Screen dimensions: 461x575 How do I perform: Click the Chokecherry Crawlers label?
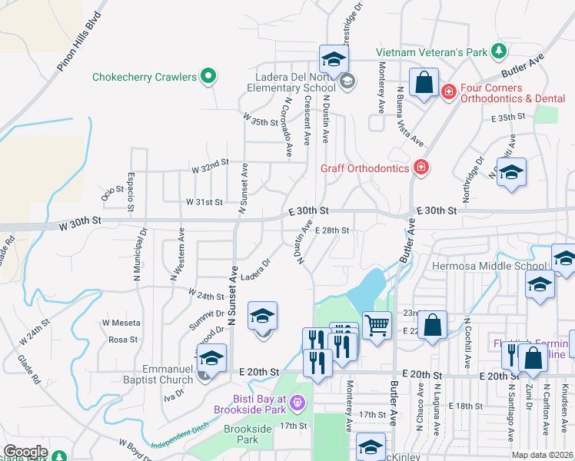pos(144,77)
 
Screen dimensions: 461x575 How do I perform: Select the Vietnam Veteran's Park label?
pos(432,52)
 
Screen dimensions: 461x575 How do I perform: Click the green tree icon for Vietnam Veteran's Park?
pos(500,51)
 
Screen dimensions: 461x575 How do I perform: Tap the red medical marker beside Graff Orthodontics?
pos(420,167)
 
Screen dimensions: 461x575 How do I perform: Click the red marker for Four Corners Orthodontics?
pos(448,91)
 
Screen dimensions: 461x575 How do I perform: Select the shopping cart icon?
pos(377,325)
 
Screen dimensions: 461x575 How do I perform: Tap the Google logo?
pos(25,452)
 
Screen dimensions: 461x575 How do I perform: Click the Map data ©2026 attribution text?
pos(542,455)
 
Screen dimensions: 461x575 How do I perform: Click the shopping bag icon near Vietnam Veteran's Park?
pos(424,84)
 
